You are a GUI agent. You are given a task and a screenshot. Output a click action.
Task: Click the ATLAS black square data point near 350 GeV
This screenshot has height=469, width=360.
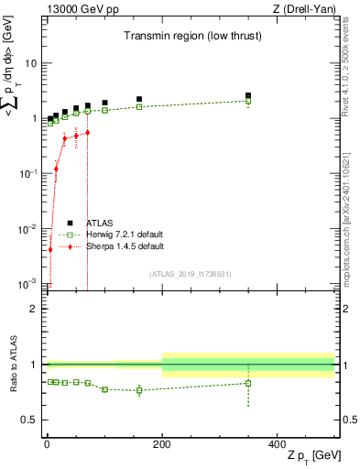pyautogui.click(x=248, y=95)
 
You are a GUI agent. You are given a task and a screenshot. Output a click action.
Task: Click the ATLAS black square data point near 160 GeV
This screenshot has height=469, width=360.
pyautogui.click(x=139, y=99)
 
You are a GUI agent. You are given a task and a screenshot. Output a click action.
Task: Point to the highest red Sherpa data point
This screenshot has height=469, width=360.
pyautogui.click(x=87, y=133)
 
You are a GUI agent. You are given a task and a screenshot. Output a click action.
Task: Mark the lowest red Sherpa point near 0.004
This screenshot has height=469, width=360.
pyautogui.click(x=50, y=249)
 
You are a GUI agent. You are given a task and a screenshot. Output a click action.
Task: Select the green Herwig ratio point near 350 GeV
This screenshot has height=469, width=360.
pyautogui.click(x=248, y=383)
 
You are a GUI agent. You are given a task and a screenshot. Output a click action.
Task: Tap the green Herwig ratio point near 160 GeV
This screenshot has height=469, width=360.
pyautogui.click(x=139, y=390)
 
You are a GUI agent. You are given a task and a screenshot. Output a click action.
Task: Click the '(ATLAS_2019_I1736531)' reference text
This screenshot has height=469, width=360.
pyautogui.click(x=191, y=273)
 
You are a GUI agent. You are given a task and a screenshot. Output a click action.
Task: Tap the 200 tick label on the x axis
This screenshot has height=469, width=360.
pyautogui.click(x=162, y=443)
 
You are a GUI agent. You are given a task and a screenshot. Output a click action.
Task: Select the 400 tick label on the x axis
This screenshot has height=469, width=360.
pyautogui.click(x=278, y=443)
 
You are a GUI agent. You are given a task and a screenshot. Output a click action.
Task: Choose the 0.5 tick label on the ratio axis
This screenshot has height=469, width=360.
pyautogui.click(x=29, y=420)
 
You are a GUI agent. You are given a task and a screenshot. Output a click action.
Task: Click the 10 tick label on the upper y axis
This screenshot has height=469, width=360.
pyautogui.click(x=30, y=63)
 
